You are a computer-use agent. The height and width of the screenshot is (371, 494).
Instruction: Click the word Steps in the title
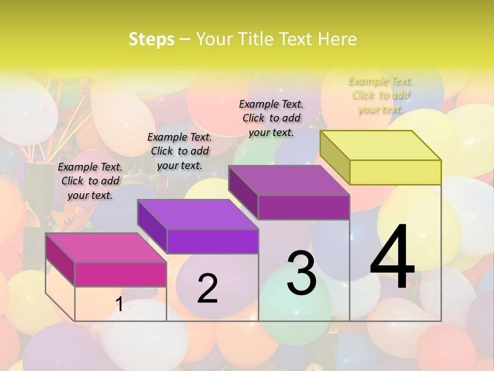point(151,40)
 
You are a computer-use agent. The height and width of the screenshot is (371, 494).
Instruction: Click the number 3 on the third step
point(302,273)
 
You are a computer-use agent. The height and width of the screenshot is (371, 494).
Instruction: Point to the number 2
point(207,288)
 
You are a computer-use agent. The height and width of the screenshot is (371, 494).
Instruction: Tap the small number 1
point(119,305)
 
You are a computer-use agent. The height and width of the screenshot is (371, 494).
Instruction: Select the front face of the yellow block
point(395,172)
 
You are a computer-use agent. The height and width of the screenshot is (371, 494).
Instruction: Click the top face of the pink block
point(106,247)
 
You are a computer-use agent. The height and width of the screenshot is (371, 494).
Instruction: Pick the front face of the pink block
point(120,274)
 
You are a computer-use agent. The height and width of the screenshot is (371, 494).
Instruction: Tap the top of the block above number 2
point(198,214)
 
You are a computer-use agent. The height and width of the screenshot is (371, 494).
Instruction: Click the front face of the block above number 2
point(213,241)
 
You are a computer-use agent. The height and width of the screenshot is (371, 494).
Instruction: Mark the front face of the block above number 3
point(304,207)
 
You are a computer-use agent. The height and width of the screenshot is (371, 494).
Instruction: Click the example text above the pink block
point(90,181)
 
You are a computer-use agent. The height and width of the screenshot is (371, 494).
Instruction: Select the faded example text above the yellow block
point(381,95)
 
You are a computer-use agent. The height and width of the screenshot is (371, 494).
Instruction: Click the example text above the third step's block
point(271,118)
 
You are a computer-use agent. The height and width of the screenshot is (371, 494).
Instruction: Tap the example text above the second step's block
point(180,151)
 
